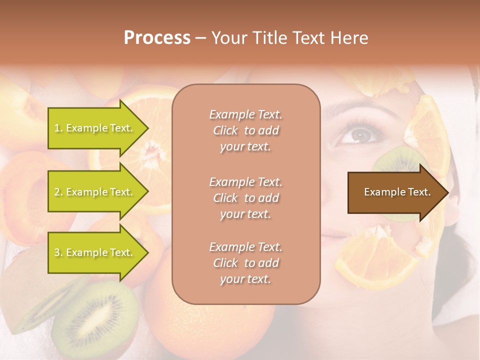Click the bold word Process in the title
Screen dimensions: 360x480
point(157,38)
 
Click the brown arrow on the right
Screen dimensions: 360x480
point(395,192)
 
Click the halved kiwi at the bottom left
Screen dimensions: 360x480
point(95,315)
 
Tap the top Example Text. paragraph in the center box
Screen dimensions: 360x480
point(245,130)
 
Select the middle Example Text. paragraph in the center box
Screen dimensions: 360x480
point(245,198)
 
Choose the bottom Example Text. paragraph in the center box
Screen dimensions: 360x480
point(245,263)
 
